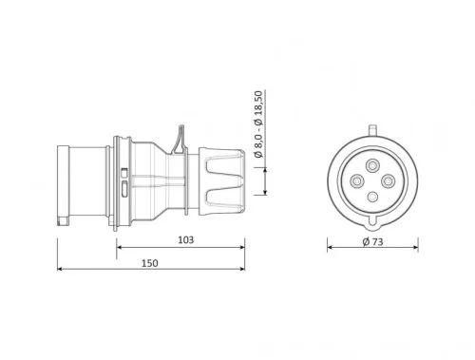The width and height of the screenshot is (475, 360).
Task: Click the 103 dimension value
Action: pos(185,241)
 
